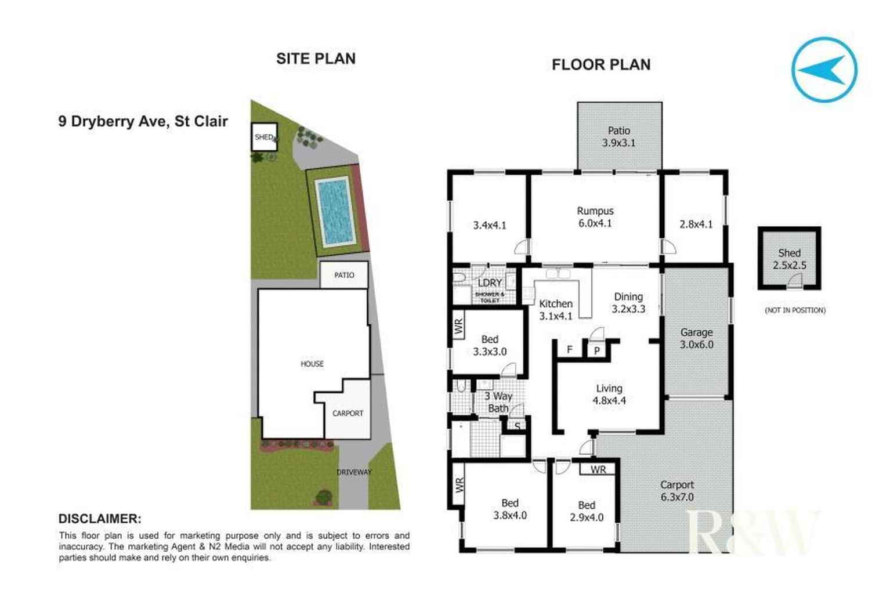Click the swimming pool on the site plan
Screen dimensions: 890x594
click(335, 211)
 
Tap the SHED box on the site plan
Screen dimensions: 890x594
click(264, 137)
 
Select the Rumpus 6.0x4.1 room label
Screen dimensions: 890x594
click(595, 217)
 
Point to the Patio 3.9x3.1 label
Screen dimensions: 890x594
click(619, 137)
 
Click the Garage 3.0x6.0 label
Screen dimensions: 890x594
click(696, 339)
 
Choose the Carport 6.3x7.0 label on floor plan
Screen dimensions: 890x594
click(677, 491)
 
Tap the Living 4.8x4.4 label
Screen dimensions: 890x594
click(609, 394)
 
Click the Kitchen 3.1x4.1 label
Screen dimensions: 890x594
click(556, 310)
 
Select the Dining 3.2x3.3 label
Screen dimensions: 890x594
click(628, 303)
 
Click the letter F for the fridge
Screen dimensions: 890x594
click(570, 350)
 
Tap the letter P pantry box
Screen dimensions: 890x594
click(597, 351)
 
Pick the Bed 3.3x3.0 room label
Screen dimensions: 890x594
click(490, 345)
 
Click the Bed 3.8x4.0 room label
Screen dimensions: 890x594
click(510, 509)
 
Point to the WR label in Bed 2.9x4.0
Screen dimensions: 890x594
click(598, 470)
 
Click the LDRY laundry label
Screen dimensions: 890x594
click(490, 283)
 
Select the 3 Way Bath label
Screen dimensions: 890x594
click(498, 402)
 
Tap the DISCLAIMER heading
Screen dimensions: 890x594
click(100, 519)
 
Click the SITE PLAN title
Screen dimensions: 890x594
click(316, 59)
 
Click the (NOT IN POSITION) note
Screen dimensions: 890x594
click(795, 310)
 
